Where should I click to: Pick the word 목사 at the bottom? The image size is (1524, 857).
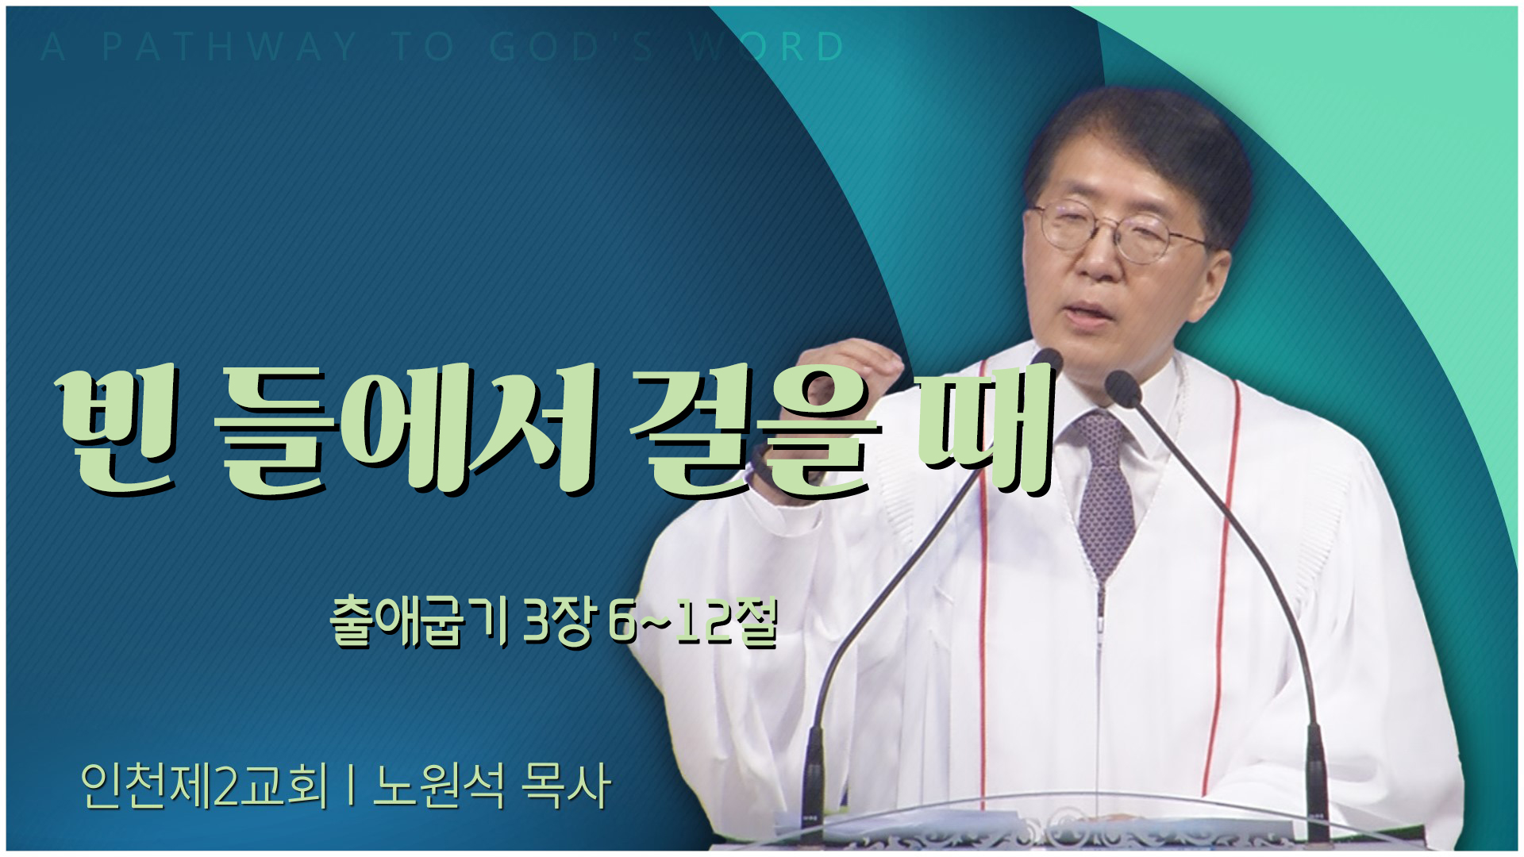pos(564,787)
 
